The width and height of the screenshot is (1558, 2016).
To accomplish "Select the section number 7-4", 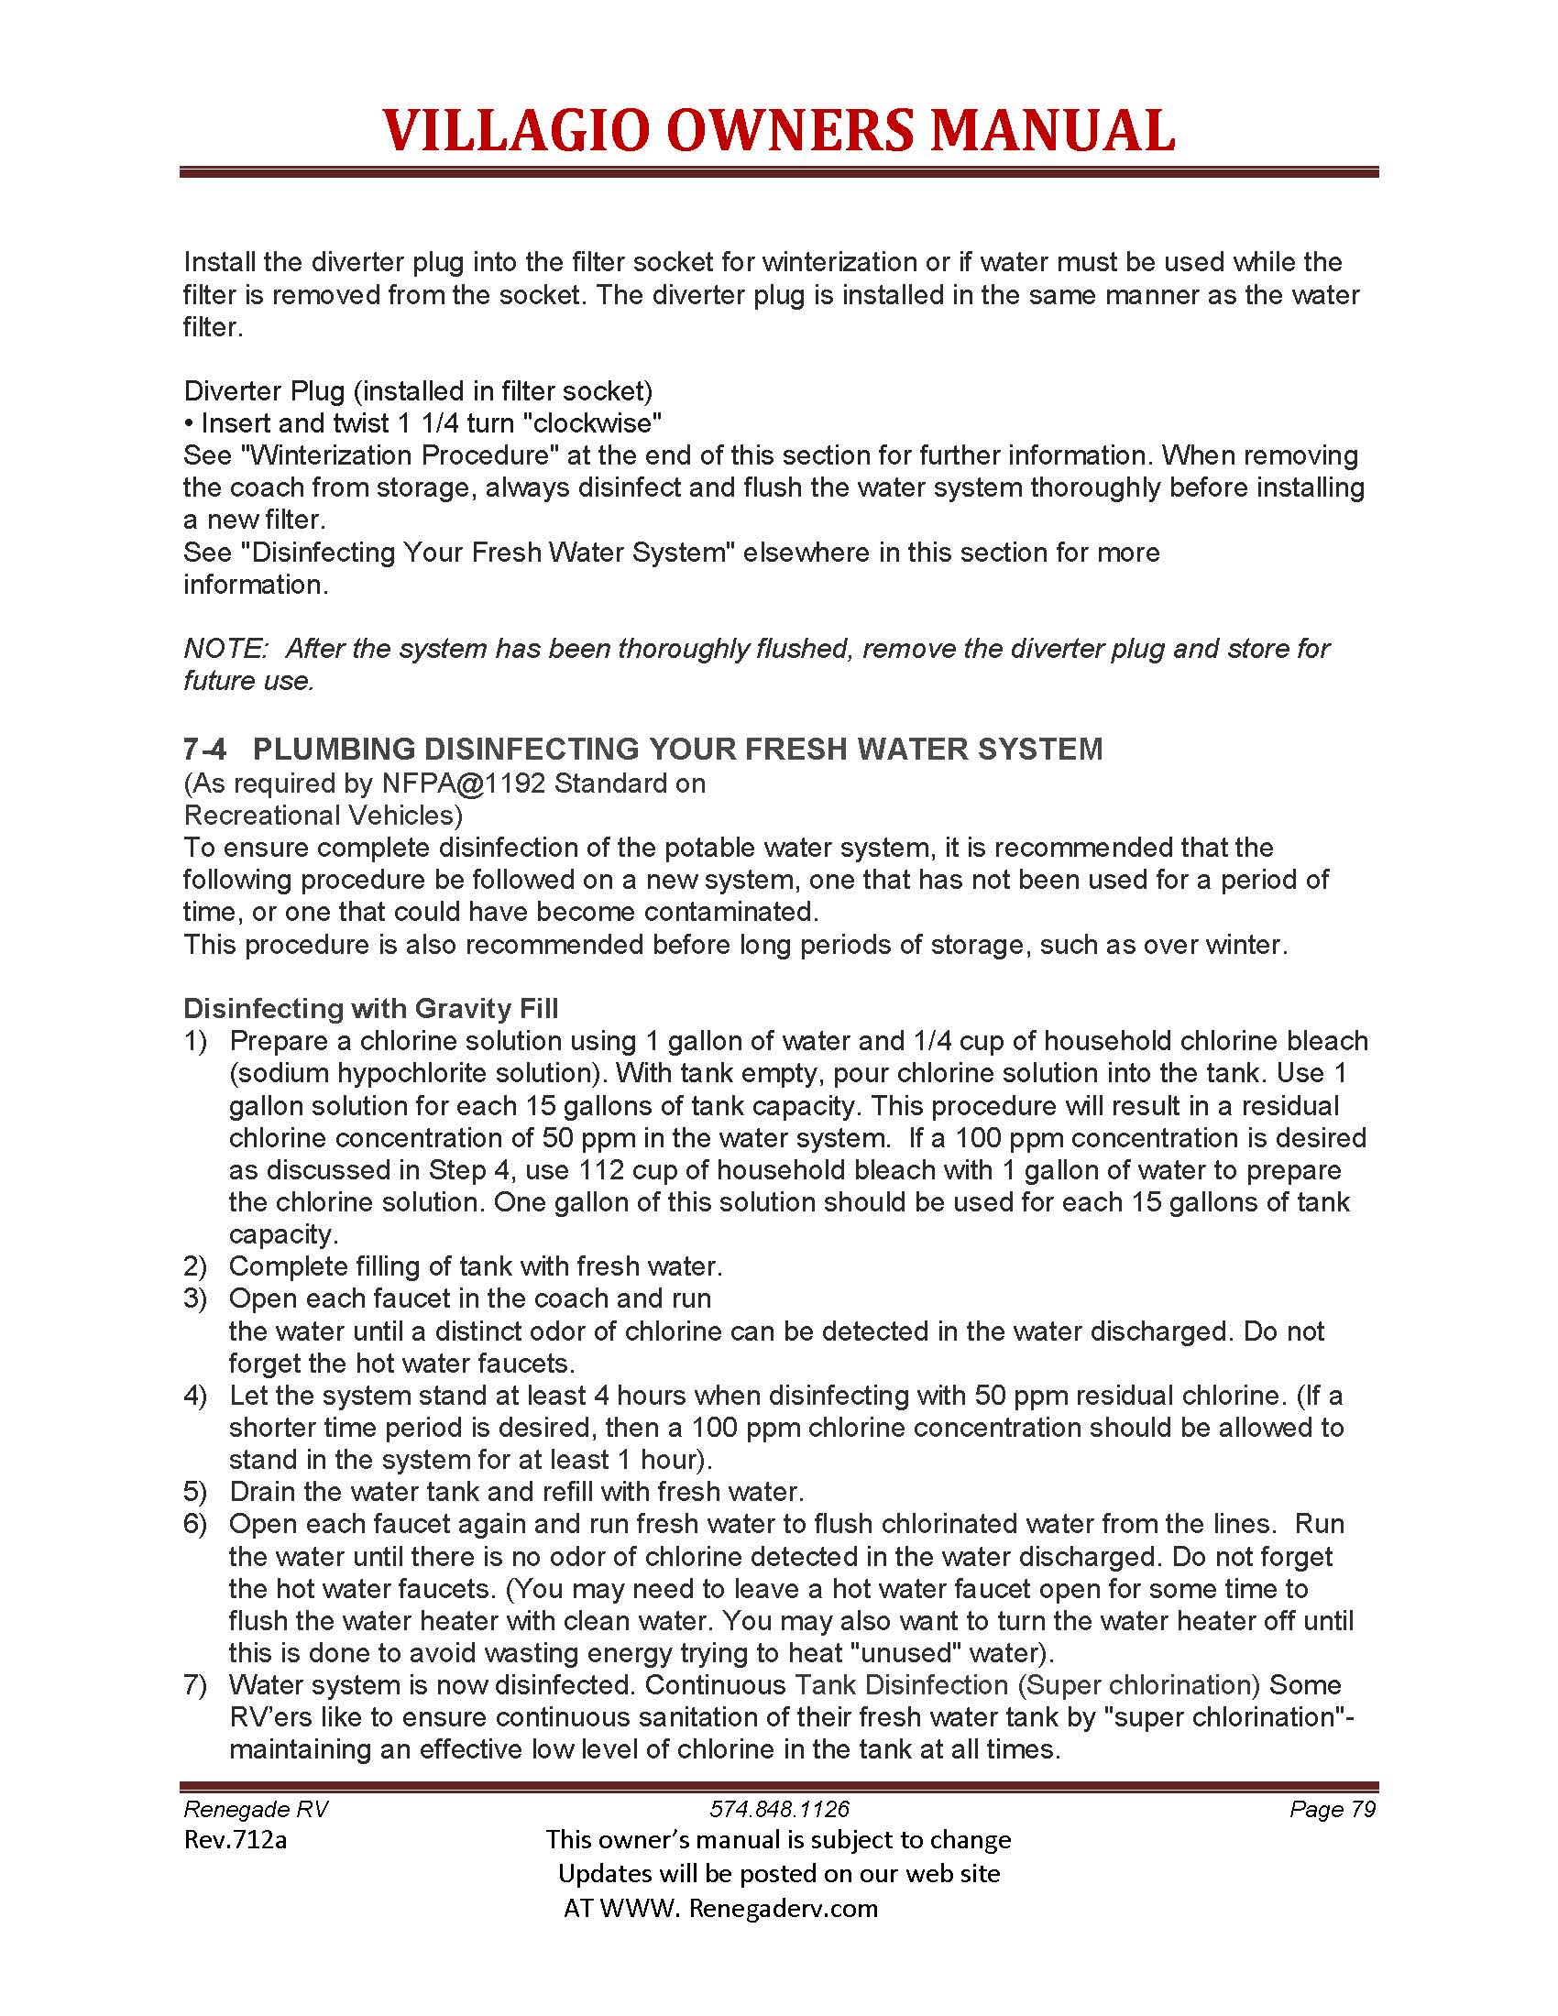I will coord(204,749).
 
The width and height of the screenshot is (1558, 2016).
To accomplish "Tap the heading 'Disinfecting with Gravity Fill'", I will coord(370,1008).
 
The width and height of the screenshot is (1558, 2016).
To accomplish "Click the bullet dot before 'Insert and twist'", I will coord(188,424).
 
